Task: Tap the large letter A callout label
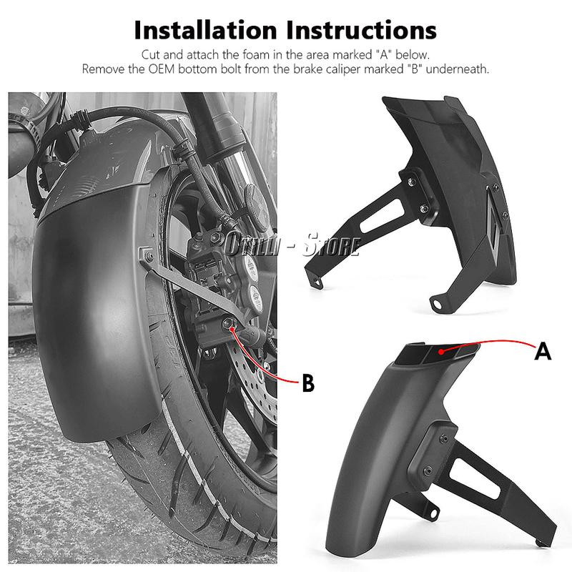(543, 351)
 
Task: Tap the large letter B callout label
(307, 383)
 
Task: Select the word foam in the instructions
(267, 54)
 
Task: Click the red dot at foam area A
(443, 350)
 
